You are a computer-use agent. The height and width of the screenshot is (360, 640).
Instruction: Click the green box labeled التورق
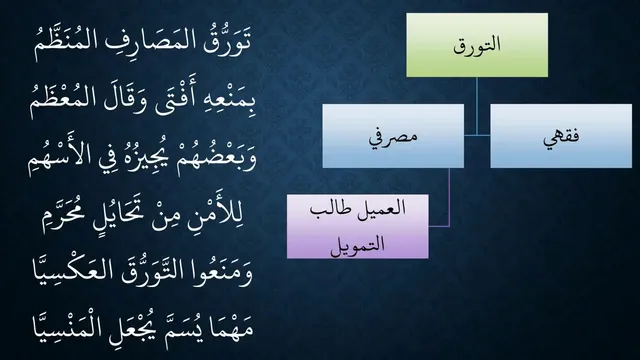tap(477, 45)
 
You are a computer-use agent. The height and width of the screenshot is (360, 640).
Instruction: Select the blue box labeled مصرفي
tap(393, 136)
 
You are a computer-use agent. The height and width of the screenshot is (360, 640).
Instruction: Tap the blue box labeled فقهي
tap(561, 136)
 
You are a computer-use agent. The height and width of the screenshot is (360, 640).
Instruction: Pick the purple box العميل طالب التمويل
tap(358, 227)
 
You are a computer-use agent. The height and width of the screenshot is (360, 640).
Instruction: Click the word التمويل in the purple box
tap(358, 244)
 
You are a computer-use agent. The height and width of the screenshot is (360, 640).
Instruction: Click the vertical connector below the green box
tap(477, 106)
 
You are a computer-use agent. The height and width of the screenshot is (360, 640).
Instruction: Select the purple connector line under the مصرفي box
tap(449, 197)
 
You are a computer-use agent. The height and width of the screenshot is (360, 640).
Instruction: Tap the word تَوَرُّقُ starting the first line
tap(227, 42)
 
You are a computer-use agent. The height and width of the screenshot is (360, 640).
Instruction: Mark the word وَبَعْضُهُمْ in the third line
tap(216, 158)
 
